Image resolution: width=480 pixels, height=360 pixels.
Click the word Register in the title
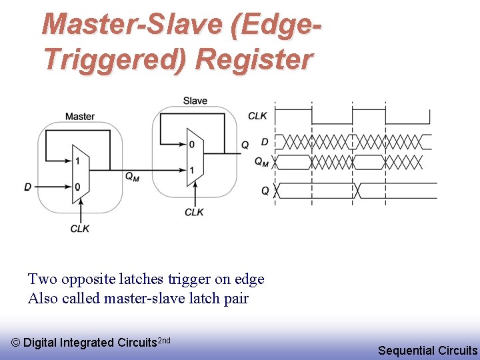[x=253, y=59]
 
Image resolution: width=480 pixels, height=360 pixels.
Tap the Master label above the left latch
[x=80, y=117]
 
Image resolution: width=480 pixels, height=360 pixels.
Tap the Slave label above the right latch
[x=195, y=101]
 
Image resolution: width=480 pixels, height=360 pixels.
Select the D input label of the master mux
[x=28, y=187]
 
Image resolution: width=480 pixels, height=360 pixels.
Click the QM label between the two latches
[x=132, y=177]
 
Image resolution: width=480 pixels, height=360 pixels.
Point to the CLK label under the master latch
[x=80, y=228]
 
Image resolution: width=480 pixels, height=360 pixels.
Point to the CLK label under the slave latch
[x=194, y=212]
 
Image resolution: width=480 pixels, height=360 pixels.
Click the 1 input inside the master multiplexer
[x=78, y=161]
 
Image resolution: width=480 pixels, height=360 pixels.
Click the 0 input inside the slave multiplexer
[x=191, y=145]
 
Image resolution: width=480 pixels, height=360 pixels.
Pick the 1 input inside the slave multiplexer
[x=191, y=171]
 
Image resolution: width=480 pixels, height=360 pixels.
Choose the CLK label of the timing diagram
[x=257, y=116]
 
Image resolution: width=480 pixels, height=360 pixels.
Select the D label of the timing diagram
[x=265, y=142]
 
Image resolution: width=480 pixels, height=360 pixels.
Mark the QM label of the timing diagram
[x=262, y=161]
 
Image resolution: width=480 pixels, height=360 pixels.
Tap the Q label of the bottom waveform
[x=265, y=191]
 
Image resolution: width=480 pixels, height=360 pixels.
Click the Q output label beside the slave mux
[x=245, y=145]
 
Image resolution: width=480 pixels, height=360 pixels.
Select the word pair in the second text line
[x=235, y=298]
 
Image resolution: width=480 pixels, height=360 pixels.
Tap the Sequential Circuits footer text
[x=427, y=350]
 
